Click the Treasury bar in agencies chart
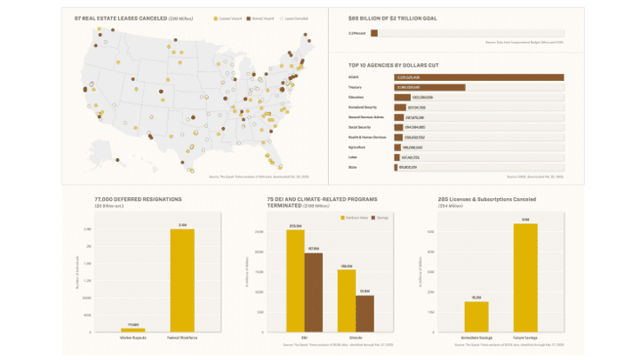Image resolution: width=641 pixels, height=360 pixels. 429,87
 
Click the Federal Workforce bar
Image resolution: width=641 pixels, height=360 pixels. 182,280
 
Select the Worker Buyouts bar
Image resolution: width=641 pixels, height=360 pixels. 132,330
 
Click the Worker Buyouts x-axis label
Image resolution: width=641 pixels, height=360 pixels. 132,338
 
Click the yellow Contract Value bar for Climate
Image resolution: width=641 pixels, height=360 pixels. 346,301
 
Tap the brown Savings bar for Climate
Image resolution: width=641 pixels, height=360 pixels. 365,314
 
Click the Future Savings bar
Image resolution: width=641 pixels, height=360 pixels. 525,278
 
